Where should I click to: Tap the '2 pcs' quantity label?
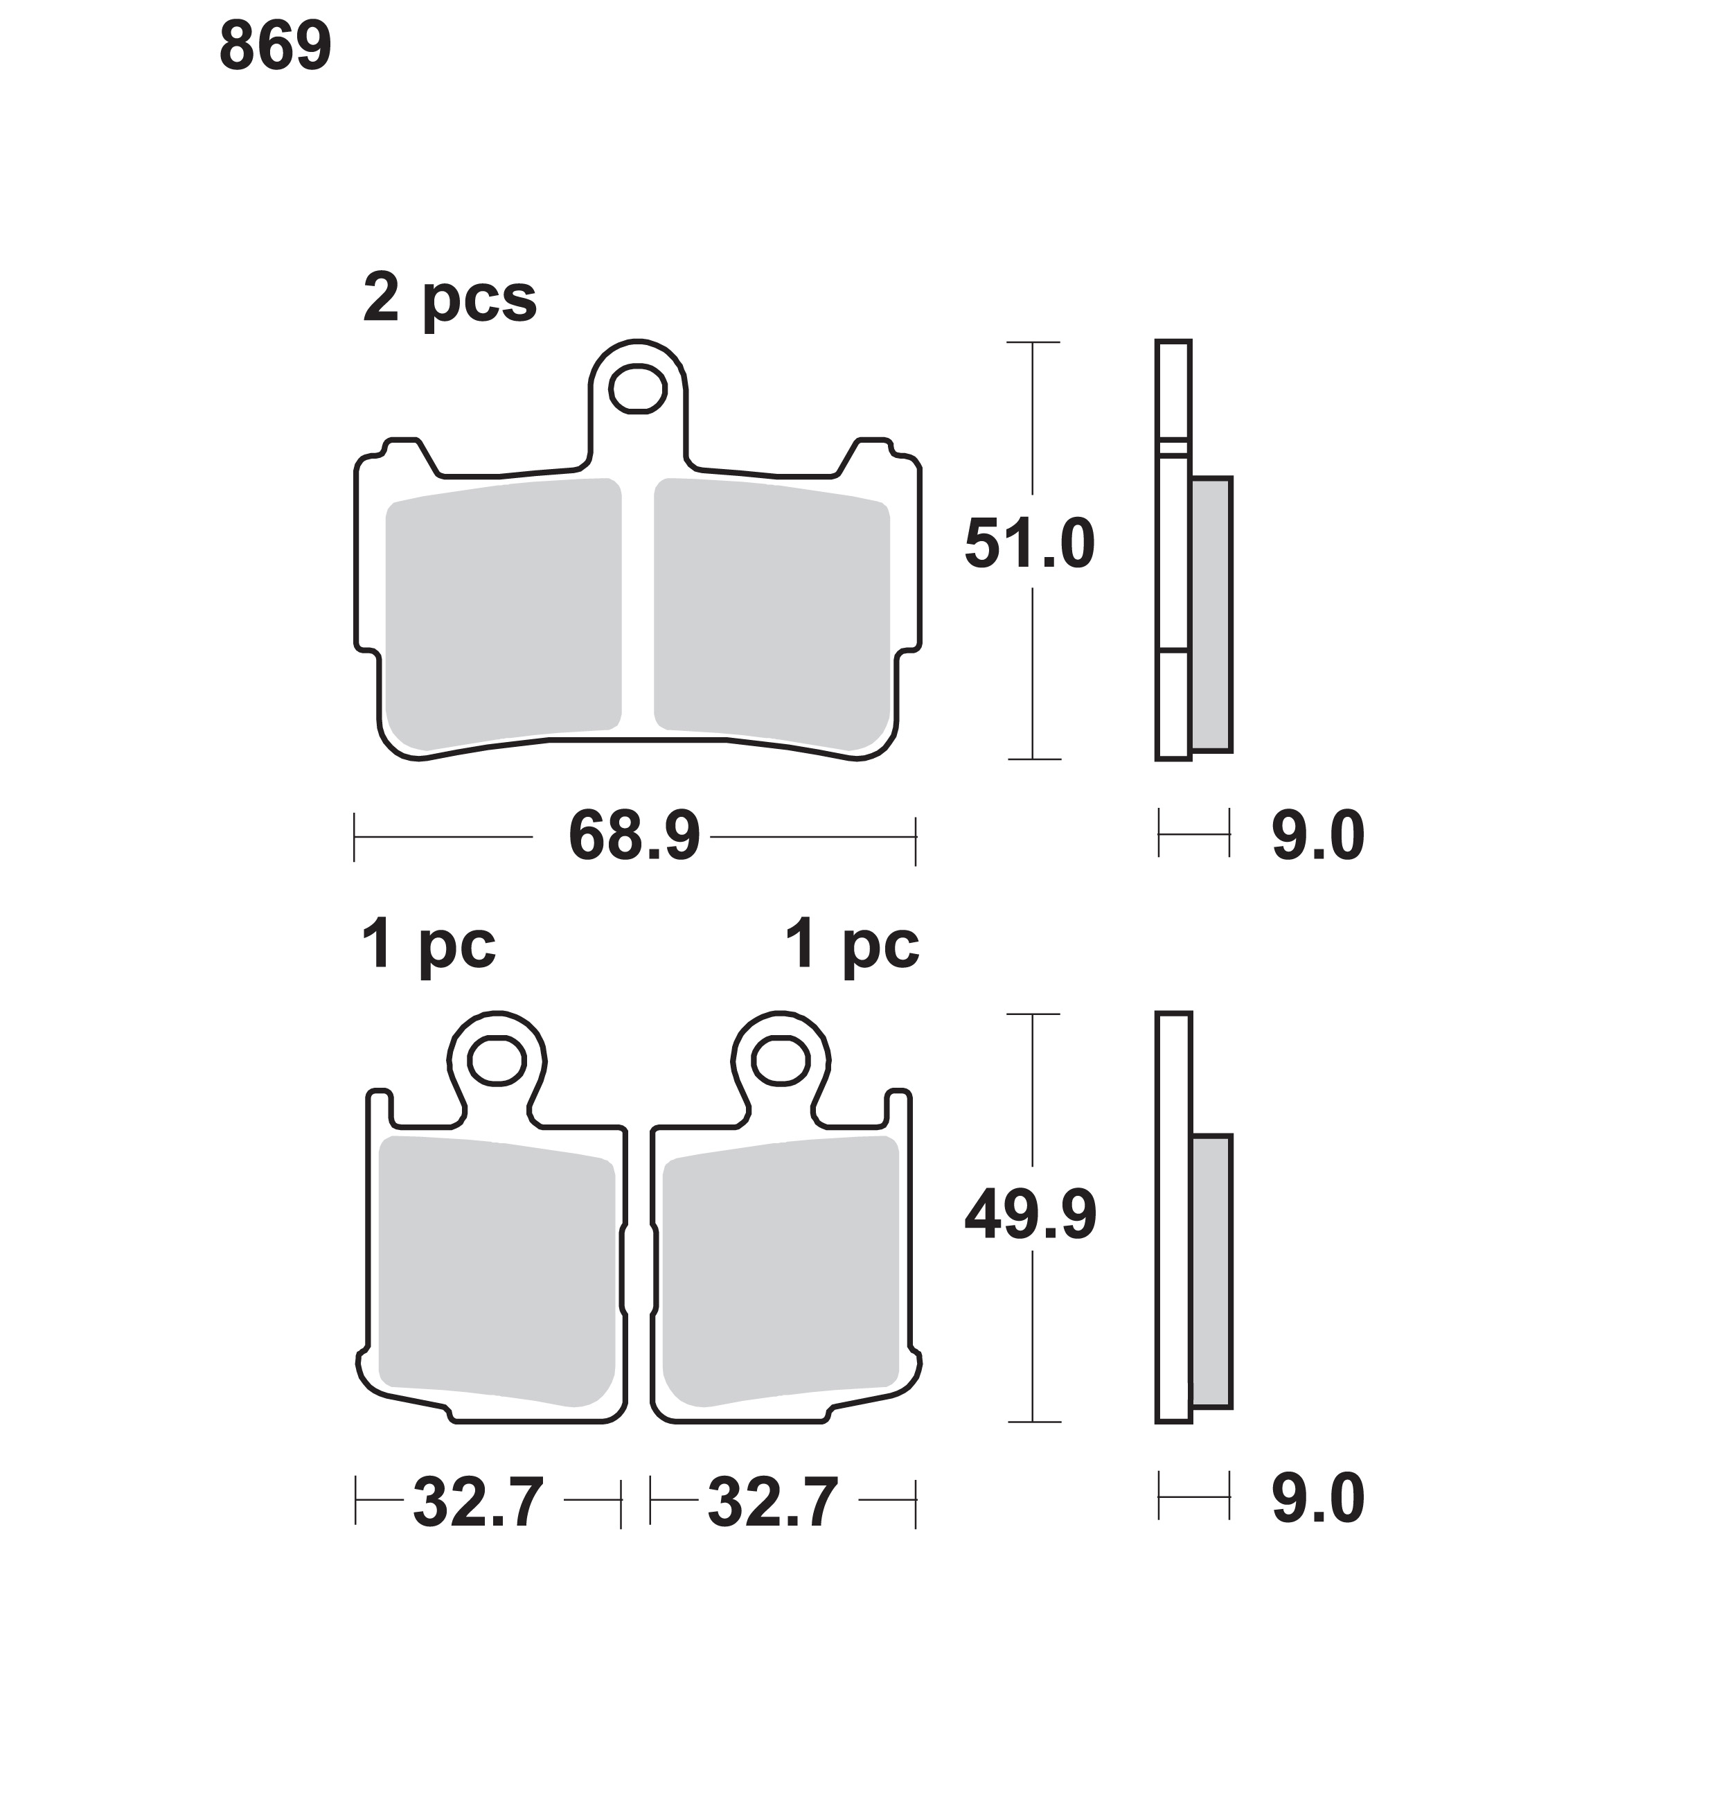[450, 299]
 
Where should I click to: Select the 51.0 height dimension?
[1030, 544]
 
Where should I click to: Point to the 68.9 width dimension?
[634, 836]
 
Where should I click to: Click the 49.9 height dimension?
[1031, 1215]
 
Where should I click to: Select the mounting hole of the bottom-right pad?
[781, 1061]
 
